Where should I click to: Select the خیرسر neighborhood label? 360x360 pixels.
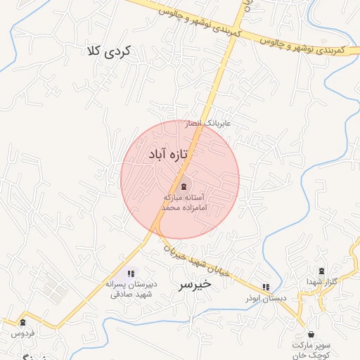[x=193, y=285]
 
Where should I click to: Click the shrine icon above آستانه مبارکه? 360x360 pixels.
[x=184, y=186]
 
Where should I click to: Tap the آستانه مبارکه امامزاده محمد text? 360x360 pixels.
[x=184, y=202]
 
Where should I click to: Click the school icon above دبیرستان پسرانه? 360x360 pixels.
[x=131, y=273]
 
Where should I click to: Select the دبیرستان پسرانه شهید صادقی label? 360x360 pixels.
[x=131, y=290]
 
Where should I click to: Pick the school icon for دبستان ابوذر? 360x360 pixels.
[x=265, y=287]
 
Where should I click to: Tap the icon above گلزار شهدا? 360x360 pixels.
[x=322, y=271]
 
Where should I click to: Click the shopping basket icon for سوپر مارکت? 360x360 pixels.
[x=311, y=334]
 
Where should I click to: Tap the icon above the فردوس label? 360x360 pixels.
[x=23, y=323]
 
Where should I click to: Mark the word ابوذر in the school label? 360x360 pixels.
[x=257, y=298]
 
